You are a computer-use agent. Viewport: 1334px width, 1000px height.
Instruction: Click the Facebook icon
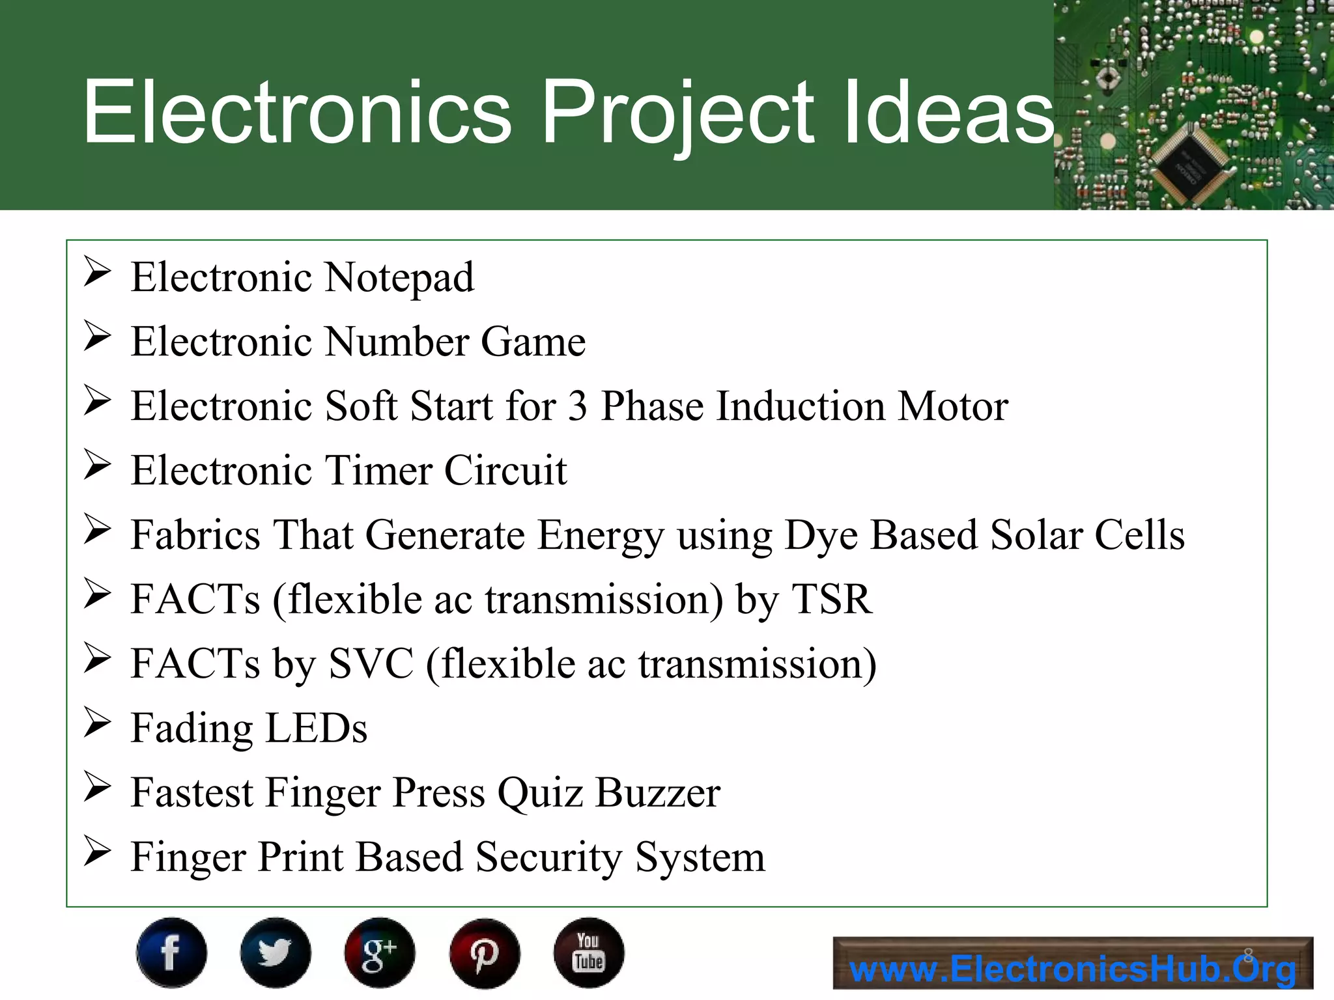(171, 952)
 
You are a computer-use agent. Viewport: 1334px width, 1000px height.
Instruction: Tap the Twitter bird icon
(276, 952)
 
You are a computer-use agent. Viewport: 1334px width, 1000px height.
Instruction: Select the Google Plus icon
(380, 952)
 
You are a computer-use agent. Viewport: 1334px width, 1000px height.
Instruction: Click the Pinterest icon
(485, 952)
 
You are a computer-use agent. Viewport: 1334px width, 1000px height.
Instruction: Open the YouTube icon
(589, 952)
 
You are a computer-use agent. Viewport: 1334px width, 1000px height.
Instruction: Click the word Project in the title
(677, 112)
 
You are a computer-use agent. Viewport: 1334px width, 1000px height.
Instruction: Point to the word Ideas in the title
(948, 112)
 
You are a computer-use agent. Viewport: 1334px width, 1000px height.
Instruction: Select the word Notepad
(399, 279)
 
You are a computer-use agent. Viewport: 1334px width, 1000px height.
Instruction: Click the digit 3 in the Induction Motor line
(578, 406)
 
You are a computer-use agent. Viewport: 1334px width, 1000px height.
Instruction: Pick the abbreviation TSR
(831, 599)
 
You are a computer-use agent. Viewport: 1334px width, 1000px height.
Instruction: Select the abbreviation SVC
(371, 663)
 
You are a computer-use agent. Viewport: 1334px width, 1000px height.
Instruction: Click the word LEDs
(317, 728)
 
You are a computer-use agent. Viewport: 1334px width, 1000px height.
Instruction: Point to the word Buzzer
(658, 792)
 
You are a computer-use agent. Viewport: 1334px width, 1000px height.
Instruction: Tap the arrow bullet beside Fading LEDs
(98, 723)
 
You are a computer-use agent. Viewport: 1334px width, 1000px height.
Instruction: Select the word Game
(533, 342)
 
